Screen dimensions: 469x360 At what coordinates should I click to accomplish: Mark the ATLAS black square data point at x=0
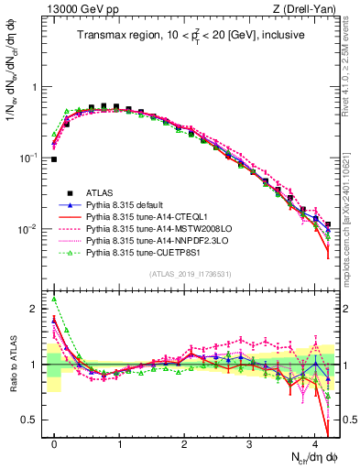pyautogui.click(x=54, y=159)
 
